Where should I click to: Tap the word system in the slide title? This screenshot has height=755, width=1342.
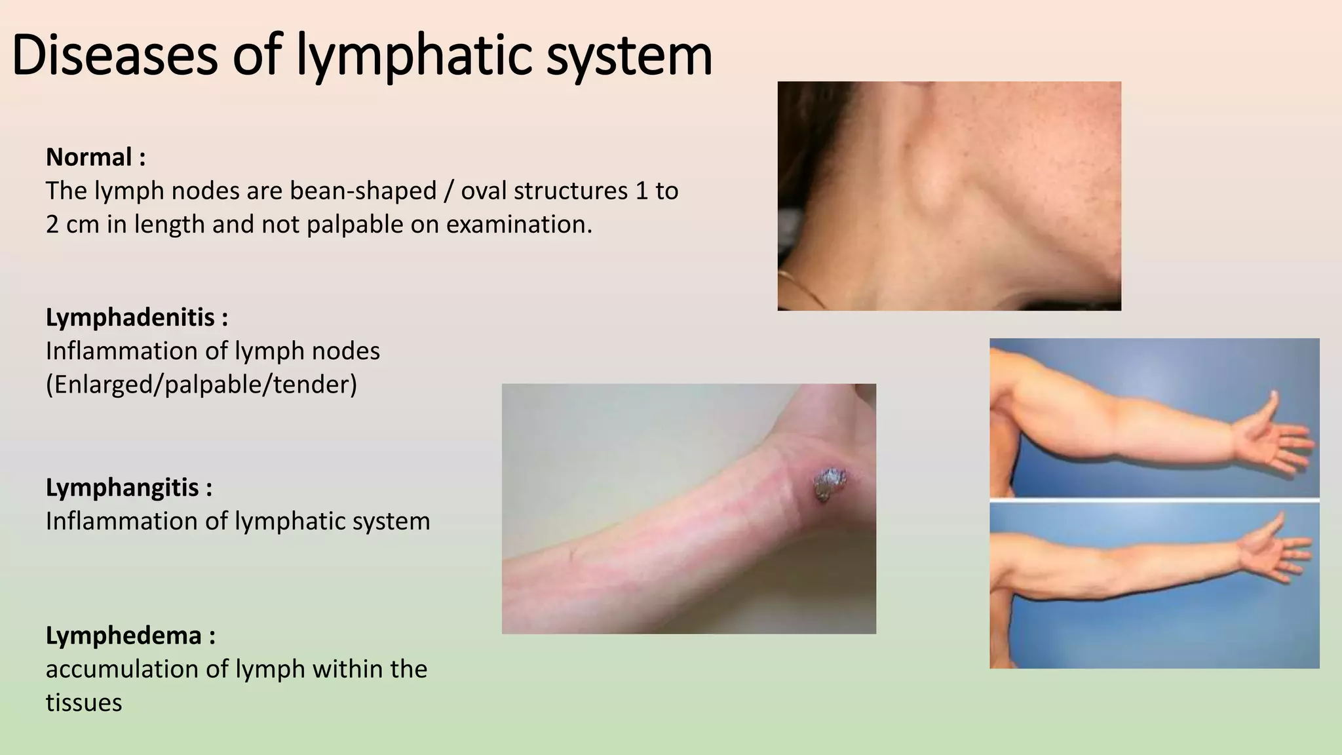pyautogui.click(x=629, y=55)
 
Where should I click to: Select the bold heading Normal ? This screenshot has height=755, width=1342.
pyautogui.click(x=96, y=157)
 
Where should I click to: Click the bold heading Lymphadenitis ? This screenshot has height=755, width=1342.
pyautogui.click(x=137, y=317)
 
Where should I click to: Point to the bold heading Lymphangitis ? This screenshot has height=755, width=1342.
pyautogui.click(x=129, y=488)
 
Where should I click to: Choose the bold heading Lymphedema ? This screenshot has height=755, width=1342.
pyautogui.click(x=130, y=635)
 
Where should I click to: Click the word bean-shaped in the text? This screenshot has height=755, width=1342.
pyautogui.click(x=363, y=191)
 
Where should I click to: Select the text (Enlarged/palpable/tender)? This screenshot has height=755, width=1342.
pyautogui.click(x=201, y=384)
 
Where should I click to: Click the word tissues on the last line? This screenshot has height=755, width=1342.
pyautogui.click(x=84, y=703)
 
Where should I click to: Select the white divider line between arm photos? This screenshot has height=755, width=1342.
pyautogui.click(x=1154, y=500)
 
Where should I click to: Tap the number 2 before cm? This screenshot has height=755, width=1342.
pyautogui.click(x=52, y=224)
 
